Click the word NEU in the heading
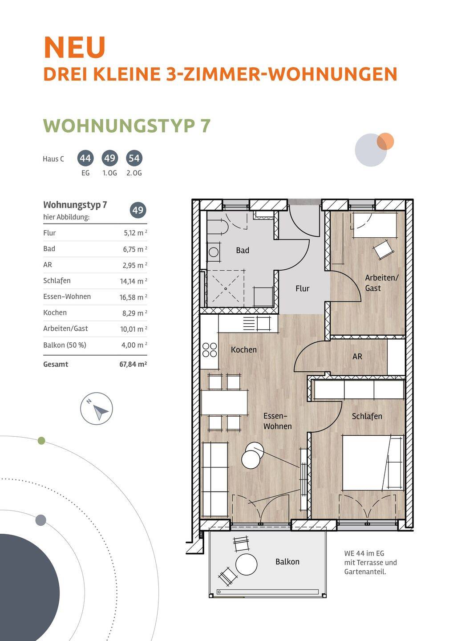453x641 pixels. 75,48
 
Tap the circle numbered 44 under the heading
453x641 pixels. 85,158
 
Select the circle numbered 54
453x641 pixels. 134,158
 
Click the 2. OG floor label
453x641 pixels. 134,173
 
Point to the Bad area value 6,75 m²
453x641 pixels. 135,249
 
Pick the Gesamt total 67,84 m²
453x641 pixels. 133,364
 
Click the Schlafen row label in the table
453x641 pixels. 57,280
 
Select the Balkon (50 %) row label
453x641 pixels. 65,345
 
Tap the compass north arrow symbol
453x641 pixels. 101,412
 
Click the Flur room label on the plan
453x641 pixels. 303,288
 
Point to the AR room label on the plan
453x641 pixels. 357,356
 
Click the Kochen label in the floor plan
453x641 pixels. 244,349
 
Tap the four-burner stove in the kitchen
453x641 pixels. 210,350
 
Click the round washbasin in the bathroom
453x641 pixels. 213,252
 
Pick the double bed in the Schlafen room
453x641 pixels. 372,463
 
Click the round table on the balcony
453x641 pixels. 246,564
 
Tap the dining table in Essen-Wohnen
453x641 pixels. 225,402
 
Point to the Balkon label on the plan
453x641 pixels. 287,561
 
